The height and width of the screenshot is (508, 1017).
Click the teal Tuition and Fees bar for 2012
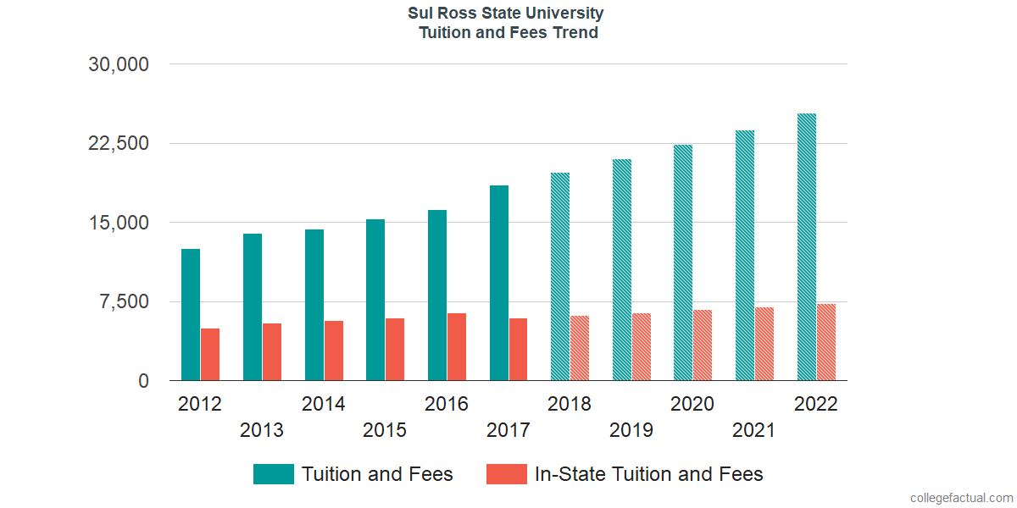[x=191, y=315]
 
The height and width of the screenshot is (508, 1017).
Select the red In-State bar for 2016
[x=457, y=347]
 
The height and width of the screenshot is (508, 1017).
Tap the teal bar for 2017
[x=499, y=283]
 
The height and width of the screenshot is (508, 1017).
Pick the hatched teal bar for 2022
[x=807, y=247]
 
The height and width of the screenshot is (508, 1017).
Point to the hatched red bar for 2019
[x=642, y=347]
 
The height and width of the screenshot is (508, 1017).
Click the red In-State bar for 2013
[x=272, y=352]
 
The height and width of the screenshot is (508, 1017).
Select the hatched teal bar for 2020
[x=683, y=262]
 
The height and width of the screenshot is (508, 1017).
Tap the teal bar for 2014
[x=314, y=305]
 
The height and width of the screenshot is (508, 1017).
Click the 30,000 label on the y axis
[x=119, y=64]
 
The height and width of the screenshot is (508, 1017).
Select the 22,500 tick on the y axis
[x=119, y=143]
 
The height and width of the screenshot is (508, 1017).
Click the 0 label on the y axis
[x=143, y=382]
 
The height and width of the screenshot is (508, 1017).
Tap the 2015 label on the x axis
[x=385, y=430]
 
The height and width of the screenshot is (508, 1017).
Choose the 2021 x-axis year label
[x=754, y=430]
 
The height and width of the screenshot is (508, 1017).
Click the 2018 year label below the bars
[x=570, y=404]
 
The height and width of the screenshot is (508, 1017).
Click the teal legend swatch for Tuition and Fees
[x=274, y=474]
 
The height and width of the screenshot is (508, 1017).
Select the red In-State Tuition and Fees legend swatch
[x=506, y=474]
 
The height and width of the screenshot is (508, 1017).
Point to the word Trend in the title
[x=573, y=33]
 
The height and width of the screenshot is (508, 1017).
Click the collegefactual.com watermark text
[x=961, y=498]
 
